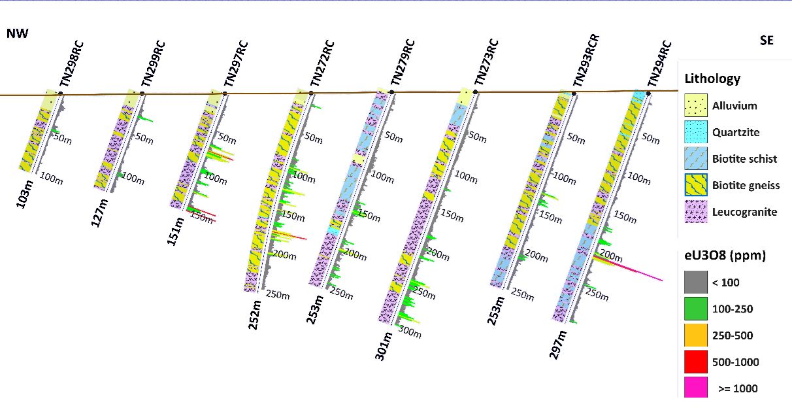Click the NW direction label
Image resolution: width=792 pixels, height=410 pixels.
[17, 34]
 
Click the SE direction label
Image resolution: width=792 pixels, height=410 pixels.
[767, 41]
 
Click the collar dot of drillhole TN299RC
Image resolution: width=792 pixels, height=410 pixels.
[142, 94]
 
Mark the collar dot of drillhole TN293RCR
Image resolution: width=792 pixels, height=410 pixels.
[574, 94]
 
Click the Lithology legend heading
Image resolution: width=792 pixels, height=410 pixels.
[712, 79]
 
